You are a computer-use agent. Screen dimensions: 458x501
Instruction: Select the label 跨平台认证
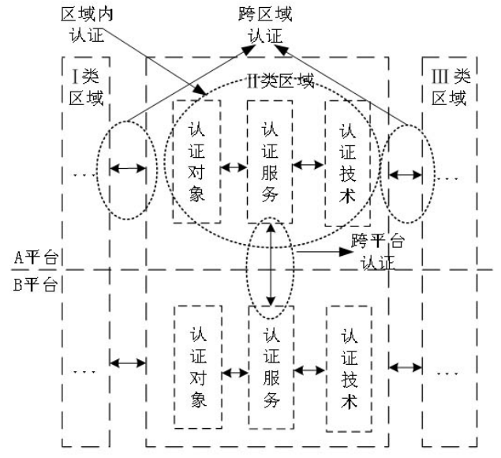(374, 246)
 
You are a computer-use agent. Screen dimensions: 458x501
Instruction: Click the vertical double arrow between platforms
(271, 265)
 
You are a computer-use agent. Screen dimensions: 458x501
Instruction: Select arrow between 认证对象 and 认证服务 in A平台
(233, 167)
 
